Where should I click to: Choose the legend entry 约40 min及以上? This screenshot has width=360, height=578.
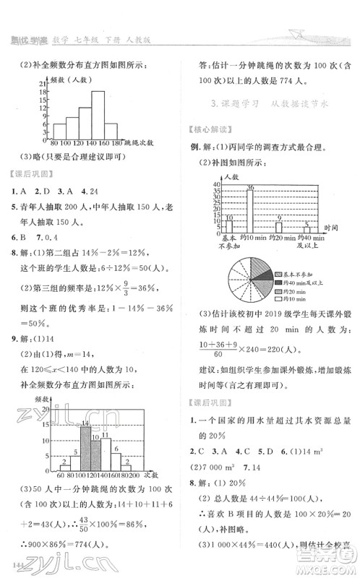coord(297,283)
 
